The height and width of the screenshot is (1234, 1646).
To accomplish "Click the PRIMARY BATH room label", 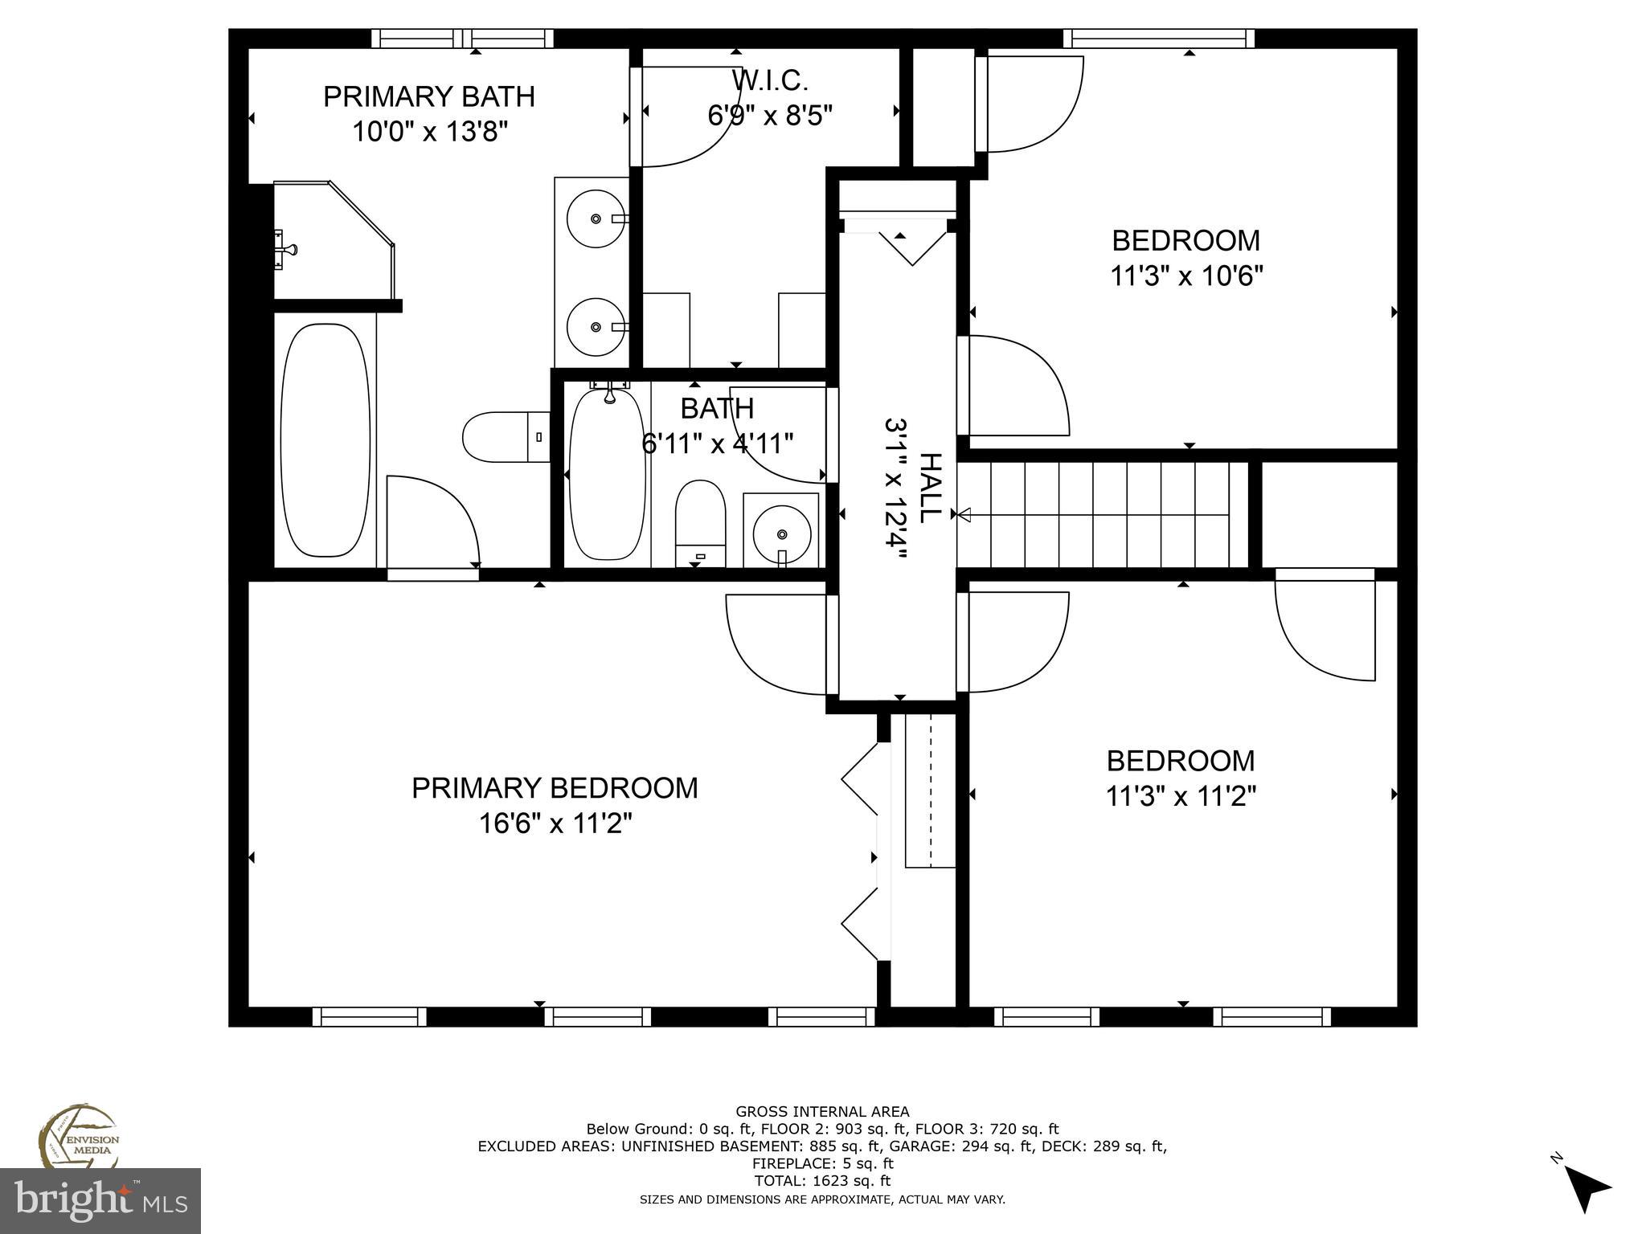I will tap(428, 96).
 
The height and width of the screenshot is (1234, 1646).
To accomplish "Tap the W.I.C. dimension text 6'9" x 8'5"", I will tap(769, 116).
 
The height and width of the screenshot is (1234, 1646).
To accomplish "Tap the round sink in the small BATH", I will tap(781, 533).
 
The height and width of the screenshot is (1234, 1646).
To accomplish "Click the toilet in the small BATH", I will tap(700, 522).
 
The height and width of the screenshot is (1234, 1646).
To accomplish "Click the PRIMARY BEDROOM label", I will tap(555, 788).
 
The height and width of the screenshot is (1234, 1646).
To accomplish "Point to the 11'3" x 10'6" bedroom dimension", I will tap(1186, 276).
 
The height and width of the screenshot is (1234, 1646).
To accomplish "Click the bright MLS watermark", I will tap(100, 1200).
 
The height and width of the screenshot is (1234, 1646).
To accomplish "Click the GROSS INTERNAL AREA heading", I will tap(822, 1112).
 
